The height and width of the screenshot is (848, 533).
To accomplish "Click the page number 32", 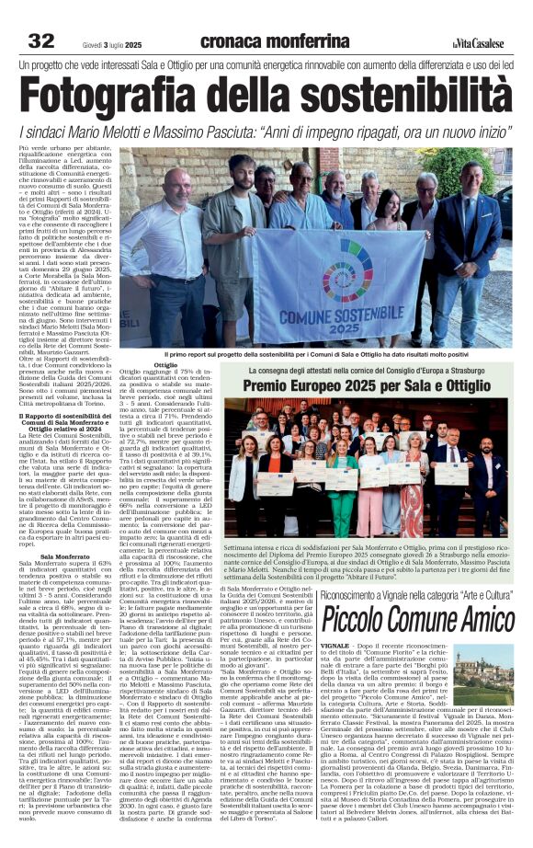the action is (41, 40).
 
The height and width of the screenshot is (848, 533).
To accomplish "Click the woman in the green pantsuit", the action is (344, 478).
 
